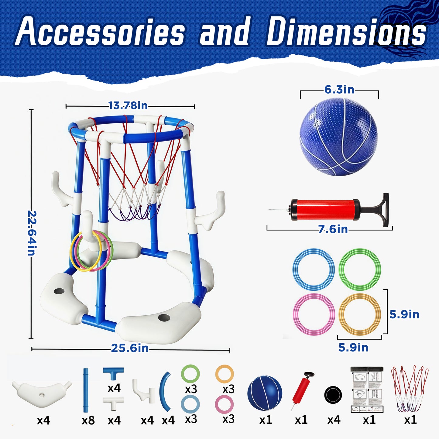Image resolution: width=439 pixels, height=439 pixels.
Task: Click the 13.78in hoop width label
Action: (x=128, y=106)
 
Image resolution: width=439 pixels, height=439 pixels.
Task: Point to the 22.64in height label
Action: (x=32, y=233)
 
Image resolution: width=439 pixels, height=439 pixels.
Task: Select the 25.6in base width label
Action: (x=130, y=348)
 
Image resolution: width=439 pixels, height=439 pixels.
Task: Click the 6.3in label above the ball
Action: (x=339, y=90)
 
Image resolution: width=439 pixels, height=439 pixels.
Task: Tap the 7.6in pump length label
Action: (x=333, y=229)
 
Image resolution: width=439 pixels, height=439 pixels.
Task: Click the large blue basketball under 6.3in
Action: (x=338, y=137)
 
